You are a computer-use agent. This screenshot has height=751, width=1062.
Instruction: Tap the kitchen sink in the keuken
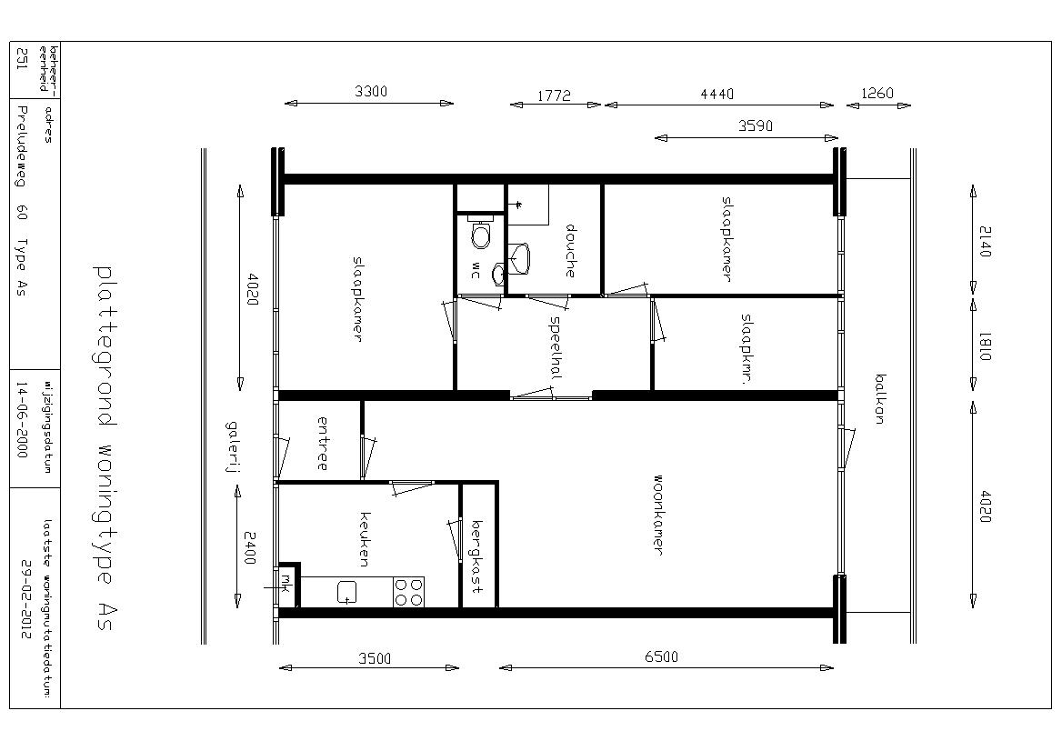(x=347, y=593)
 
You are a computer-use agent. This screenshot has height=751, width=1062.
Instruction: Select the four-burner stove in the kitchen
(x=407, y=593)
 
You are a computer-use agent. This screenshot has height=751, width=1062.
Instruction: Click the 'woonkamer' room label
(x=657, y=514)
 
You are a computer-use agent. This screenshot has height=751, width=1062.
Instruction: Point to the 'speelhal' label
(x=556, y=347)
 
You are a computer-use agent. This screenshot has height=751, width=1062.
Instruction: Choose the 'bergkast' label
(x=477, y=556)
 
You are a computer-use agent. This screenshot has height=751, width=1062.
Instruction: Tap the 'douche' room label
(x=570, y=251)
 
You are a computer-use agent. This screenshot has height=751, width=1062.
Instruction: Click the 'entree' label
(x=323, y=444)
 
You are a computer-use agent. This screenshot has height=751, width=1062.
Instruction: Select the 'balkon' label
(x=880, y=399)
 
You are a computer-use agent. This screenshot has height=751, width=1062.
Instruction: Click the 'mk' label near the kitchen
(x=286, y=581)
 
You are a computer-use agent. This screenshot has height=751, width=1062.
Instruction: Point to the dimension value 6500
(x=661, y=656)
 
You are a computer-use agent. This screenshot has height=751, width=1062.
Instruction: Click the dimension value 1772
(x=554, y=95)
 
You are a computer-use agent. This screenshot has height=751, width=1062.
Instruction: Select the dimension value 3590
(x=756, y=125)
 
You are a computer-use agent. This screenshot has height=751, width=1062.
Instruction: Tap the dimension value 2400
(x=250, y=548)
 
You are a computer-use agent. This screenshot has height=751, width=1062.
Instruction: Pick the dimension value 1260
(x=877, y=93)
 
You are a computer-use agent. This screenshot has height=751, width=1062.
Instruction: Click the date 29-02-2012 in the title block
(x=25, y=600)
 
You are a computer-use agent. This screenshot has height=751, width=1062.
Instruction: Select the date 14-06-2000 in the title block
(x=22, y=420)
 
